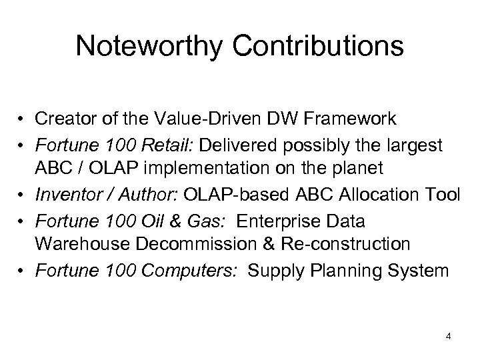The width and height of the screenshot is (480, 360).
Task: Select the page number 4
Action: [449, 336]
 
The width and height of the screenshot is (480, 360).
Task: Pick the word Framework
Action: [341, 119]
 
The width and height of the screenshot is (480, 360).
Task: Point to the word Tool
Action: [442, 194]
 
